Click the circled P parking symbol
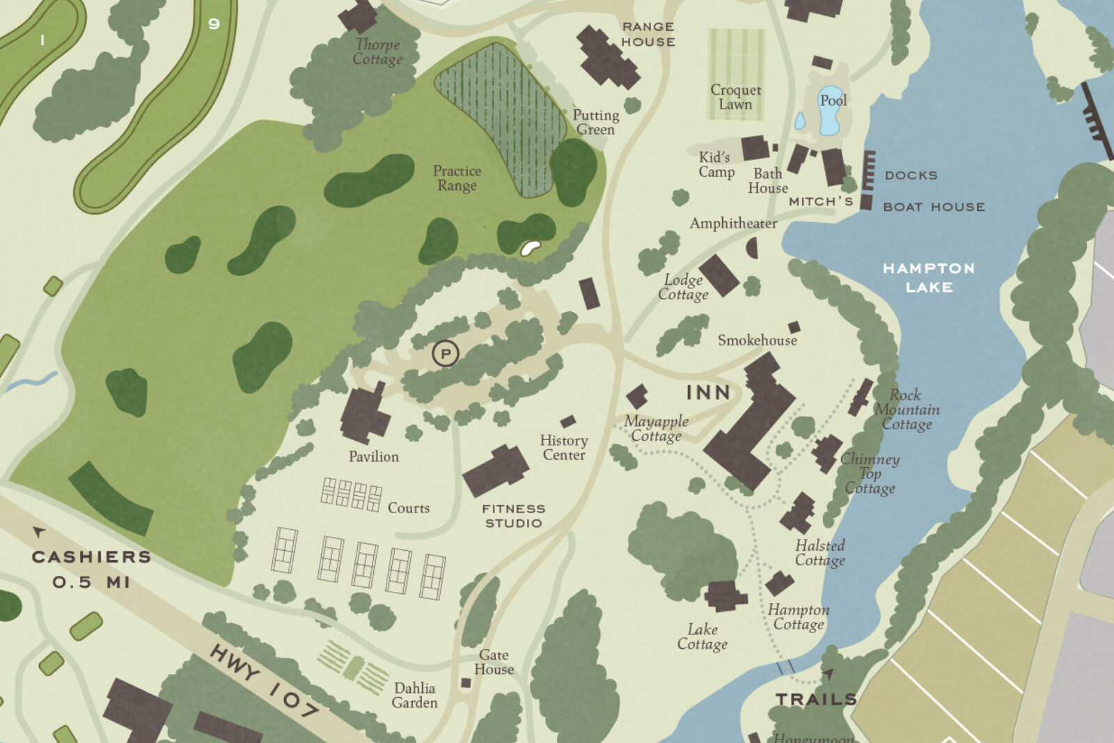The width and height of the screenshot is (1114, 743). (446, 354)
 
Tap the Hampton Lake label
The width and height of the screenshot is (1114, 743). (929, 277)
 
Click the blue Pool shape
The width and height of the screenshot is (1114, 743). (830, 111)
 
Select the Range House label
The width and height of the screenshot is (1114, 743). (648, 34)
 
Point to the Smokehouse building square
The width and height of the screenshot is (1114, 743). (794, 327)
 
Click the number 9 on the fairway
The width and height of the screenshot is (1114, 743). (214, 24)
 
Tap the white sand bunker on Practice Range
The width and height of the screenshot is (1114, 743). (531, 247)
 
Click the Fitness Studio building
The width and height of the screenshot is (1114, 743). (496, 471)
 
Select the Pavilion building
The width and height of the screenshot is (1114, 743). (364, 416)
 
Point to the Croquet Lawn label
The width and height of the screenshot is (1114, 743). (736, 97)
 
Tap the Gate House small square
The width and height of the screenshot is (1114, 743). (466, 683)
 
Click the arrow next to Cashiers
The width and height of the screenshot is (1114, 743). (39, 532)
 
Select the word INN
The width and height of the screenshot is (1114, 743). (708, 393)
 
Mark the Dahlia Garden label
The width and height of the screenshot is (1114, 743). (414, 695)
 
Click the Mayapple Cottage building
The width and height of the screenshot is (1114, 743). (636, 397)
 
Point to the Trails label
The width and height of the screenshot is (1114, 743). (815, 699)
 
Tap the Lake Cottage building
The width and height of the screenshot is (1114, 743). (725, 596)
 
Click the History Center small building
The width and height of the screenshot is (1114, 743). (568, 421)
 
